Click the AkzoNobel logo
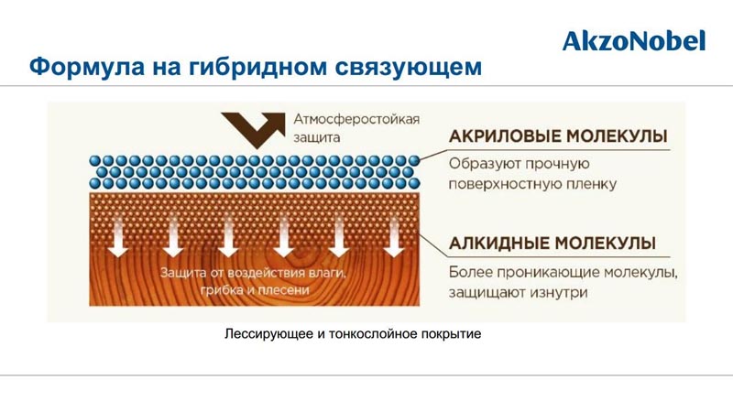634,41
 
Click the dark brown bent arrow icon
253,130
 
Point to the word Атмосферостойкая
356,119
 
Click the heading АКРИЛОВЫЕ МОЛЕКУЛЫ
558,136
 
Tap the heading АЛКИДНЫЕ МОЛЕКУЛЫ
552,243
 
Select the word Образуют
484,164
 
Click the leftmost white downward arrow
118,237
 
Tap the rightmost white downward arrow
394,237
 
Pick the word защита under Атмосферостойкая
316,138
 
